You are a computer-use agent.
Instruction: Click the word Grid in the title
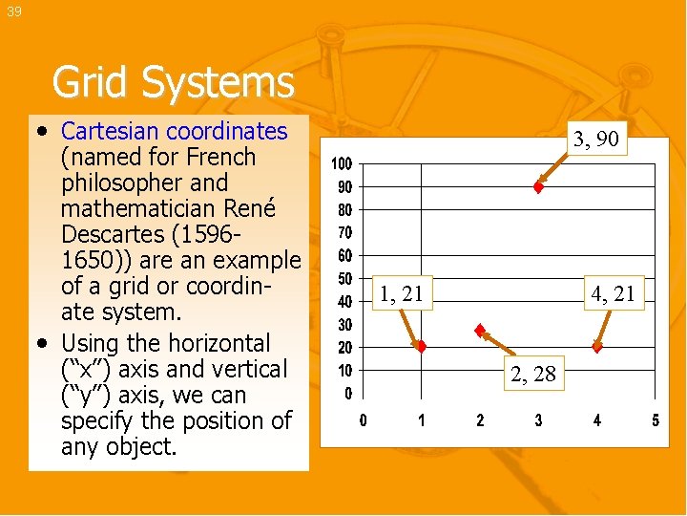[x=93, y=82]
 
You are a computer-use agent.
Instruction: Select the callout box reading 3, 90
[x=596, y=140]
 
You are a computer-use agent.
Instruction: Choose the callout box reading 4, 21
[x=612, y=294]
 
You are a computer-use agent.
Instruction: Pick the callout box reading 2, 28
[x=532, y=374]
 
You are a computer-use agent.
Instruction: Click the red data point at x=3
[x=538, y=187]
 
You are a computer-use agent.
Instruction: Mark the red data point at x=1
[x=421, y=346]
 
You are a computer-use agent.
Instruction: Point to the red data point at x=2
[x=480, y=331]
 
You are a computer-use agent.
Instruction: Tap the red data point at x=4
[x=597, y=346]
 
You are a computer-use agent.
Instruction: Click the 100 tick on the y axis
[x=342, y=164]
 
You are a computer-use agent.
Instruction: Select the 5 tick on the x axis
[x=656, y=420]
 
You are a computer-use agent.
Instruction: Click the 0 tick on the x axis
[x=363, y=420]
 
